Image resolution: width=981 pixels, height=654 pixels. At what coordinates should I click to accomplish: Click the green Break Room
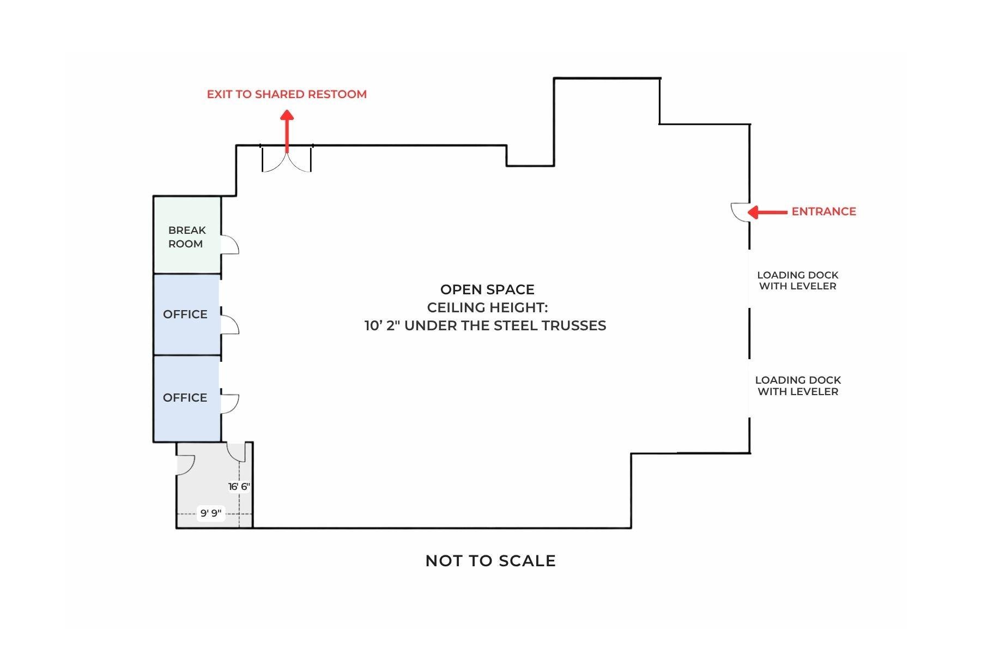pyautogui.click(x=187, y=235)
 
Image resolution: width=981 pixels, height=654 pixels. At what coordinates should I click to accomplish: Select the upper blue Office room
pyautogui.click(x=187, y=314)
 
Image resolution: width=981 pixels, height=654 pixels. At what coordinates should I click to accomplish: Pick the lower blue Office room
pyautogui.click(x=187, y=398)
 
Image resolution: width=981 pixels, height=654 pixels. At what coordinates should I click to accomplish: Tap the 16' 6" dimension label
pyautogui.click(x=239, y=487)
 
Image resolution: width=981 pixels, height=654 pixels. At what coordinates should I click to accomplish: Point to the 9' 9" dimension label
pyautogui.click(x=211, y=513)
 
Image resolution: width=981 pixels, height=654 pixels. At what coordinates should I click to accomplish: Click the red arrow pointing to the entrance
pyautogui.click(x=767, y=211)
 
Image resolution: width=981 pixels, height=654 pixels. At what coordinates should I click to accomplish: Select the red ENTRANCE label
pyautogui.click(x=823, y=211)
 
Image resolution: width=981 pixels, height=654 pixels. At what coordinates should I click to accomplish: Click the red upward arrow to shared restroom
pyautogui.click(x=287, y=131)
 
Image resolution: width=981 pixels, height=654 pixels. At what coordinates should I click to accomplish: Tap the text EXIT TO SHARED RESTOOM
pyautogui.click(x=287, y=94)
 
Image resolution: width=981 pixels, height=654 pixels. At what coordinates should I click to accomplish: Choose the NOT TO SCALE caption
pyautogui.click(x=491, y=561)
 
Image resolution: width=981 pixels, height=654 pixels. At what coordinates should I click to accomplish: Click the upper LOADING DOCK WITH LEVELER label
pyautogui.click(x=798, y=281)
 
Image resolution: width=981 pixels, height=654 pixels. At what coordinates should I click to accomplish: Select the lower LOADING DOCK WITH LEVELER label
pyautogui.click(x=798, y=386)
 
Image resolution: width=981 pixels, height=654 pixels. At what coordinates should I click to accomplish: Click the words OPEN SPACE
pyautogui.click(x=487, y=289)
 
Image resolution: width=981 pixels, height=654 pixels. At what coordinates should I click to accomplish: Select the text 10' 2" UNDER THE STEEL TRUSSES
pyautogui.click(x=485, y=325)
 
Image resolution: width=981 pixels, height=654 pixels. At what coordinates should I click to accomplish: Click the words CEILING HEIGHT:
pyautogui.click(x=487, y=307)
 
